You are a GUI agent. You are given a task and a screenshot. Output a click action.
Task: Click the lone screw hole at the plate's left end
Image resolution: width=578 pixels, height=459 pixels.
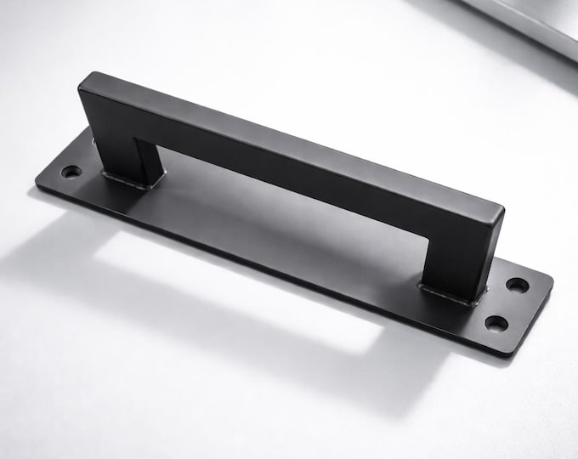coord(71,172)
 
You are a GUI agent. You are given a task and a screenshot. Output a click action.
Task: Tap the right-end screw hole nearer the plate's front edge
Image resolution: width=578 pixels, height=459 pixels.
coord(496,323)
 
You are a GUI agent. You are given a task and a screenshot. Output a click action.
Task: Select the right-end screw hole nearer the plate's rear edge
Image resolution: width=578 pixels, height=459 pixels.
coord(517,284)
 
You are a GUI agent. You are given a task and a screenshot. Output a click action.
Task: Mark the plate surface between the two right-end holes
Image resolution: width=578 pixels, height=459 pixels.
coord(507,303)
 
